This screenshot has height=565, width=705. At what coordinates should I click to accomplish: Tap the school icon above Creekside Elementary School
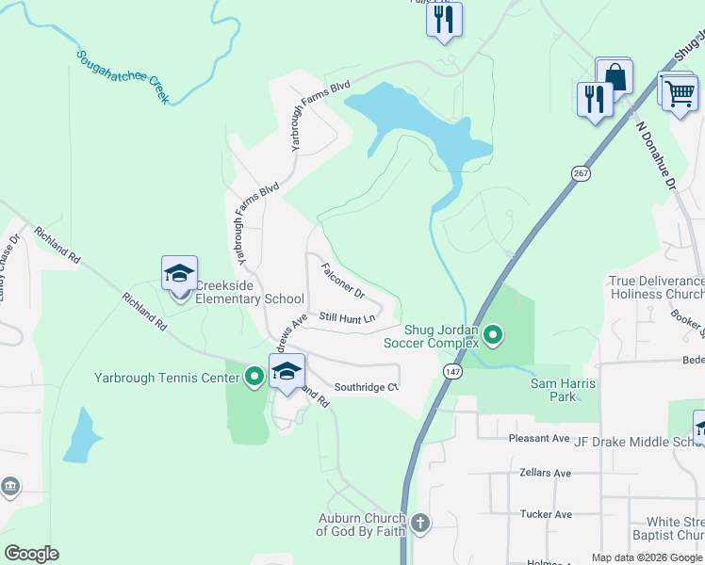point(179,274)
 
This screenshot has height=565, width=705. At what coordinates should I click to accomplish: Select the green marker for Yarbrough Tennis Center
point(254,378)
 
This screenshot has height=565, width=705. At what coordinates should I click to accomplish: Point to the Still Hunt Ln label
point(347,318)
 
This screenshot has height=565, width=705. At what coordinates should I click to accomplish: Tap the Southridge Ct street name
point(368,386)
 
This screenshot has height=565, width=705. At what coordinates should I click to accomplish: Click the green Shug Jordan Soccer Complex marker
point(492,334)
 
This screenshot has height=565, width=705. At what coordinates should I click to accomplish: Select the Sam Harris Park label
point(553,390)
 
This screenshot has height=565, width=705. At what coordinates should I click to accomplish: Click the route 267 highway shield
point(579,172)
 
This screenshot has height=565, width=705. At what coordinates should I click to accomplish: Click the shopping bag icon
point(615,75)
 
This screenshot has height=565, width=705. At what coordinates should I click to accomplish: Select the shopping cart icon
point(679,92)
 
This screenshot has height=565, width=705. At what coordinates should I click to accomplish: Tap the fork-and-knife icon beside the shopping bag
point(594,99)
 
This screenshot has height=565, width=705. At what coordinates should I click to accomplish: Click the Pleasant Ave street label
point(540,438)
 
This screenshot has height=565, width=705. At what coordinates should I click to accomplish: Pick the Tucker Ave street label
point(546,514)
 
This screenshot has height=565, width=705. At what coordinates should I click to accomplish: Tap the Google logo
point(31,554)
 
